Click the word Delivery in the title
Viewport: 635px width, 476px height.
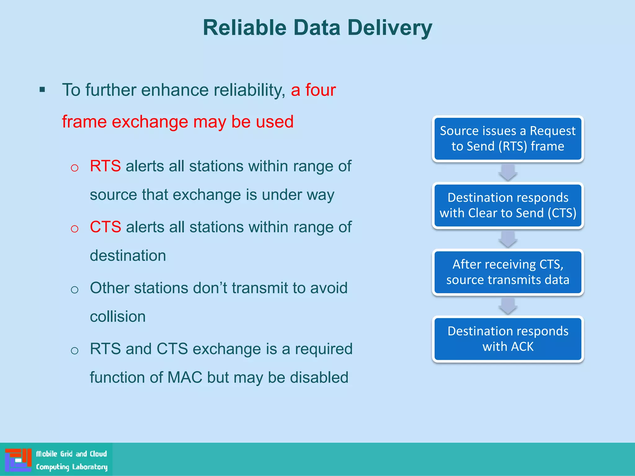(389, 28)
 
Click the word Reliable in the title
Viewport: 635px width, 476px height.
(245, 28)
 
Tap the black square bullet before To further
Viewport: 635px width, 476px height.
(42, 90)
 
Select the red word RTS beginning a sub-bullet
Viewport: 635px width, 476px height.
(105, 166)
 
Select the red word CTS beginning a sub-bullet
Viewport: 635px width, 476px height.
(105, 227)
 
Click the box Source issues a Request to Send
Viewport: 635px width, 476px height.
(508, 139)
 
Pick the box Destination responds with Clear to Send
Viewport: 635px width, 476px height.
(508, 205)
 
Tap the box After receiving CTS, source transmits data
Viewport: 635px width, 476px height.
(508, 272)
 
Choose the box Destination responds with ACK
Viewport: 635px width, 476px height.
(508, 339)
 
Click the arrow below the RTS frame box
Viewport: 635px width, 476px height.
(508, 172)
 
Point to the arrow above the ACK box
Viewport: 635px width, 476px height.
(508, 306)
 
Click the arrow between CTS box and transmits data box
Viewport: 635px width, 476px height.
(508, 239)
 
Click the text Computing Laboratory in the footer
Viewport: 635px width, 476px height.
(72, 467)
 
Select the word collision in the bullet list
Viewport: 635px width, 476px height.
(118, 317)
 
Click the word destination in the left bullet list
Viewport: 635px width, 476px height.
(128, 256)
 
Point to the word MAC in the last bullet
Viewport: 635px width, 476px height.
(185, 377)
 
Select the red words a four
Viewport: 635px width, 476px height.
(313, 90)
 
